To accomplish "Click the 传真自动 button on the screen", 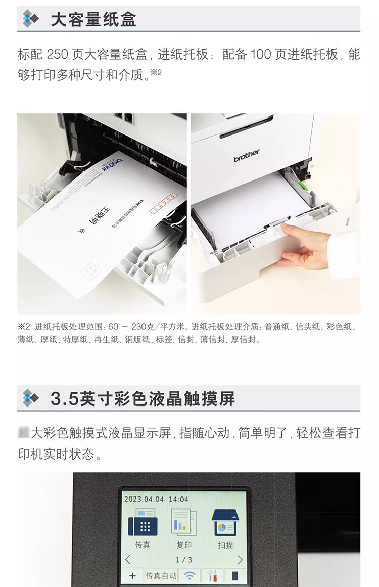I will [161, 576].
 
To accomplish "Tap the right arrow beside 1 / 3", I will [240, 560].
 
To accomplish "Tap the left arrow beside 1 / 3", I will [128, 560].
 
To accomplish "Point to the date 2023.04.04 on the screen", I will [143, 499].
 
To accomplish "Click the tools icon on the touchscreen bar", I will [212, 576].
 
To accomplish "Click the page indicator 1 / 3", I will [183, 560].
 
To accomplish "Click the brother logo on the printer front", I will [247, 155].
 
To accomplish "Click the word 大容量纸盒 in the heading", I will [93, 19].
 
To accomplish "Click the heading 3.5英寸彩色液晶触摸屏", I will [143, 398].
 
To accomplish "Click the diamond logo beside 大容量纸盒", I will [30, 19].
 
